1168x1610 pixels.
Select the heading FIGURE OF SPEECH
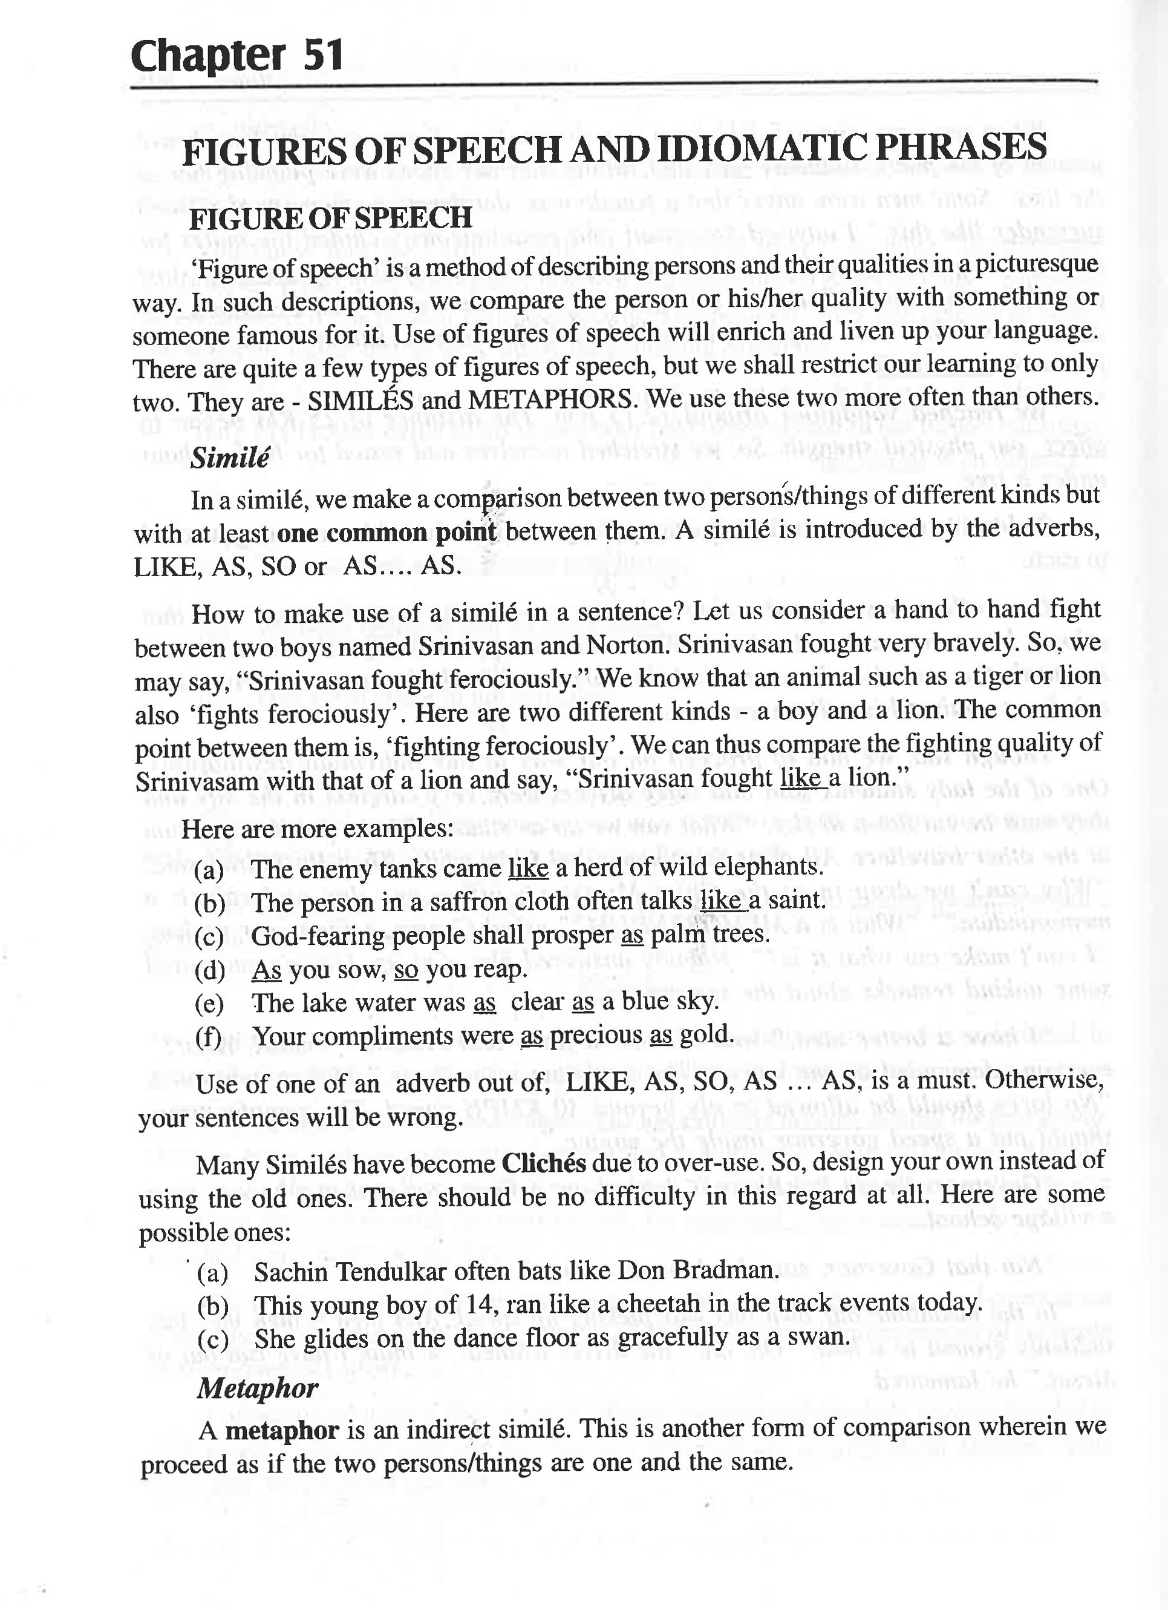coord(330,218)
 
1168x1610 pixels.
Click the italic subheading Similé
coord(229,459)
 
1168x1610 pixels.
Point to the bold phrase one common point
coord(387,533)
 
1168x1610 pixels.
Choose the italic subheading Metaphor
coord(258,1388)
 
